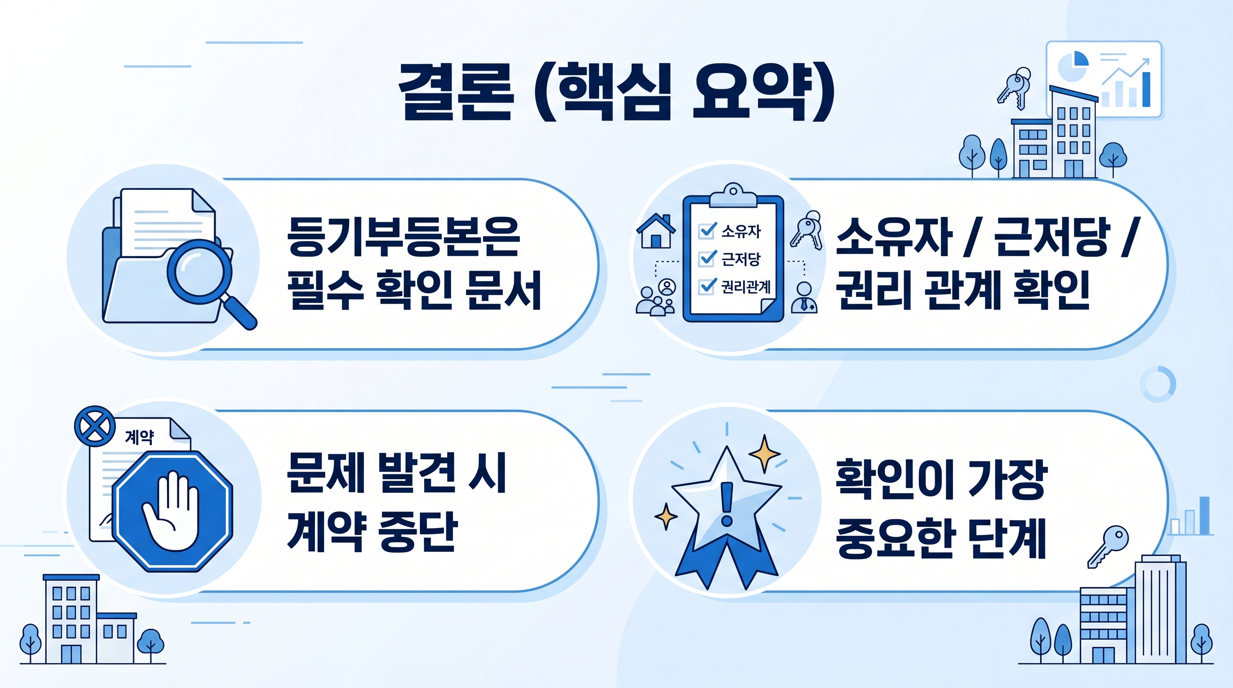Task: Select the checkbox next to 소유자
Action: [707, 231]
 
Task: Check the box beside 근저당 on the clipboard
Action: [707, 258]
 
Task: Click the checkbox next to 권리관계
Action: [707, 286]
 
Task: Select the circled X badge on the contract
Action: [95, 426]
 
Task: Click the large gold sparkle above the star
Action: [764, 452]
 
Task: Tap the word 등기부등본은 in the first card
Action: [403, 236]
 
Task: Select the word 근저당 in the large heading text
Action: [1052, 236]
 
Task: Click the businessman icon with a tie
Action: [805, 297]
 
